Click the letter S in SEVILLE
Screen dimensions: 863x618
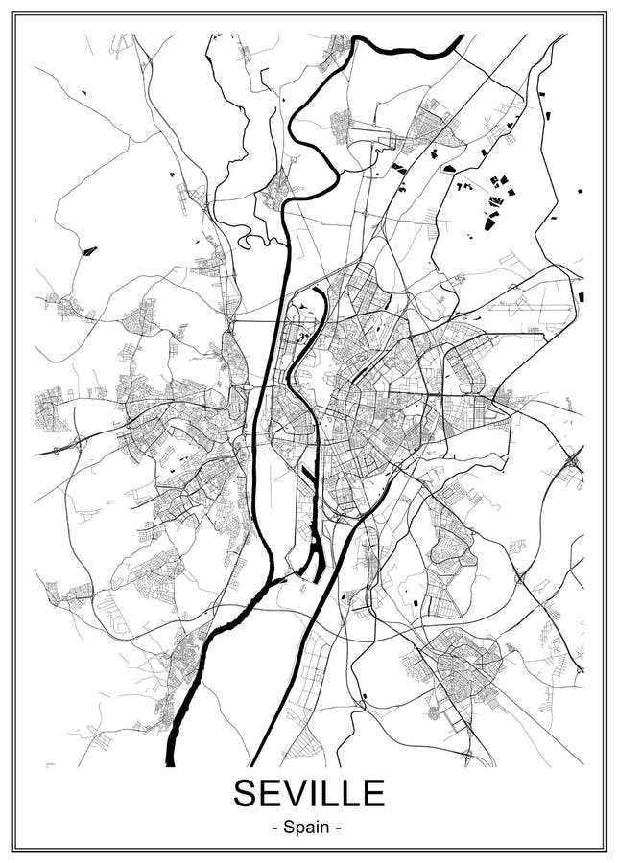pyautogui.click(x=247, y=793)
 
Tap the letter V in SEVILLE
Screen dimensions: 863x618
pyautogui.click(x=296, y=793)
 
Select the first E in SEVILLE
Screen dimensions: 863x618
pyautogui.click(x=272, y=793)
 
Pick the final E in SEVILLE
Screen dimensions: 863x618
pyautogui.click(x=372, y=793)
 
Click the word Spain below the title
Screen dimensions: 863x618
pyautogui.click(x=309, y=825)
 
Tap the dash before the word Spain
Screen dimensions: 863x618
pyautogui.click(x=276, y=826)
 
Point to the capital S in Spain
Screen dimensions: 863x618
pyautogui.click(x=289, y=825)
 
